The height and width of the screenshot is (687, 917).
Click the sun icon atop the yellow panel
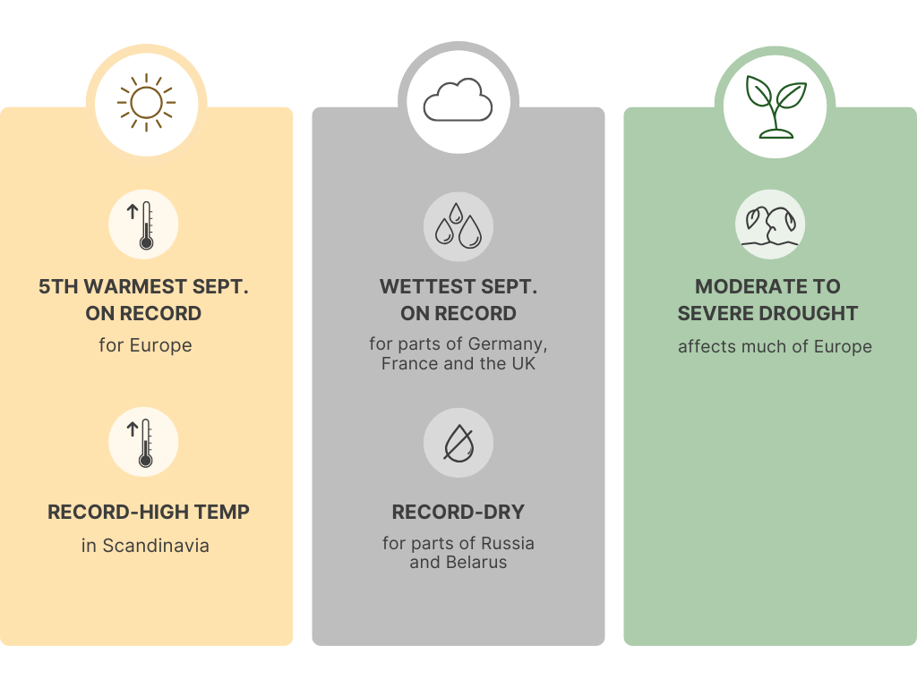[x=146, y=103]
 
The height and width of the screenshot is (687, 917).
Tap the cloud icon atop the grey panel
[x=458, y=99]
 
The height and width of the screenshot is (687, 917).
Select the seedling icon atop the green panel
[x=776, y=107]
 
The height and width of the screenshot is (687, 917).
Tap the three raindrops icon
[x=458, y=226]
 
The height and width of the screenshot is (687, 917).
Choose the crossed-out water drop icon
[x=458, y=443]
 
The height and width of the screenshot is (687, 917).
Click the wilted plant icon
[x=770, y=225]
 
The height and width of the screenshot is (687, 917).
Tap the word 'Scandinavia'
[x=156, y=546]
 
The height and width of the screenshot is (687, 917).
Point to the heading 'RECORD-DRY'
[x=458, y=513]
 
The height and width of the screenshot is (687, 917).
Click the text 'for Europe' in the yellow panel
[x=145, y=345]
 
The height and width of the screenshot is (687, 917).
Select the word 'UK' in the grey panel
[x=523, y=363]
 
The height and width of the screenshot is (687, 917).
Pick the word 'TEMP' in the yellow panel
[x=222, y=513]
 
